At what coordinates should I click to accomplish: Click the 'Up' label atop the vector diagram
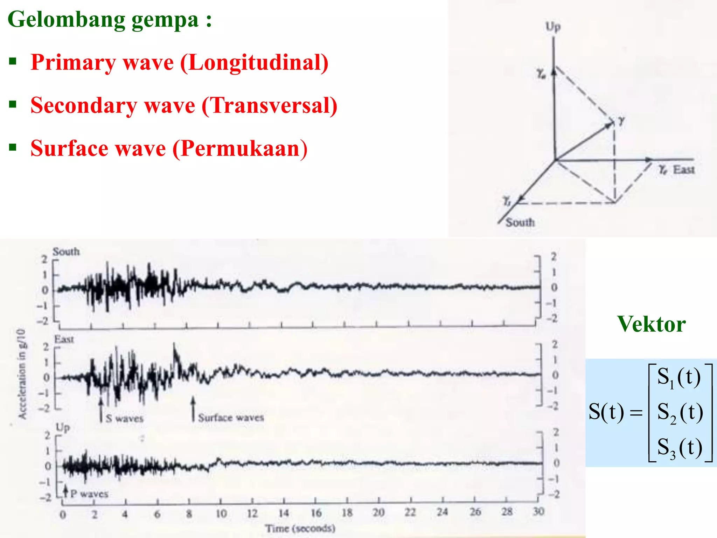point(553,27)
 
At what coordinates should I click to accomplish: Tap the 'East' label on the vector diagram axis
point(683,170)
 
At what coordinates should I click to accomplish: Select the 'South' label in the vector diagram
point(520,222)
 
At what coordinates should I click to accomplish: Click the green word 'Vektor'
point(651,324)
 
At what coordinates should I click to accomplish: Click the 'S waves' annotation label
point(125,418)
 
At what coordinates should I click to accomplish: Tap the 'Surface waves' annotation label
point(231,418)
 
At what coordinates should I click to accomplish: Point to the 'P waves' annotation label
point(89,494)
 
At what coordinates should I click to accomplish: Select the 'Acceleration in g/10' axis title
point(22,373)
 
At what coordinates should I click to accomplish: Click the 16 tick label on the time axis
point(316,513)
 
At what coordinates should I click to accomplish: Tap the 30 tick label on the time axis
point(538,512)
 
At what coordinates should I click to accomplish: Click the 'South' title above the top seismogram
point(66,251)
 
